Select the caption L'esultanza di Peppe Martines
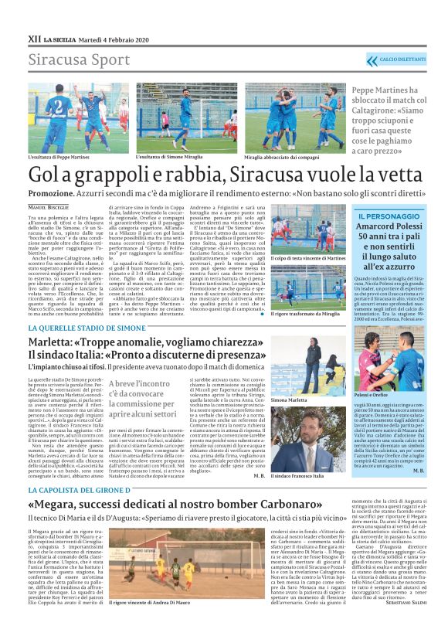pos(58,157)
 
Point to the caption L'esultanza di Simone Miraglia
pos(168,157)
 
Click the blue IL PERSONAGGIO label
pos(386,214)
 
